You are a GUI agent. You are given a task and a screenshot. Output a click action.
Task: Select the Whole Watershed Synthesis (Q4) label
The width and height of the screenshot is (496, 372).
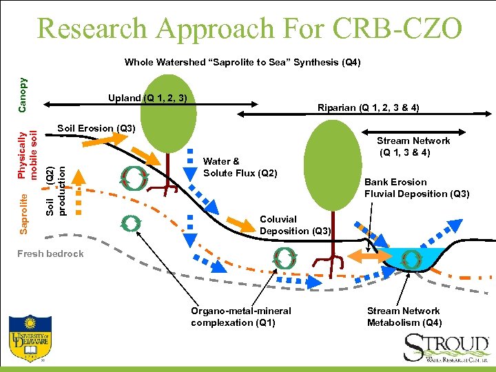coord(242,63)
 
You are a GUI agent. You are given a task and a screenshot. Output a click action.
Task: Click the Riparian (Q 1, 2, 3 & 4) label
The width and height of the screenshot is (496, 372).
coord(368,107)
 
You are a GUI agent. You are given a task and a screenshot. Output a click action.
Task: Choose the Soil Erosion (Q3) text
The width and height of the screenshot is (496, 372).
coord(96,128)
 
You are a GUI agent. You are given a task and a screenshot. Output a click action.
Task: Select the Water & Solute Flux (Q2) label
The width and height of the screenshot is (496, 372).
coord(240,167)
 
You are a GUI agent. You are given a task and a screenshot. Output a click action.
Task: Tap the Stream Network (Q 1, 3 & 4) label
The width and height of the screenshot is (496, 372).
coord(413,146)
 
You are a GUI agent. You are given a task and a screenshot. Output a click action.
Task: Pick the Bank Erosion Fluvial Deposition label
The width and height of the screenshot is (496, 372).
coord(416,188)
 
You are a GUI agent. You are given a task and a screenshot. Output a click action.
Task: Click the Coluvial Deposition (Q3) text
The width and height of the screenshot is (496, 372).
coord(296,225)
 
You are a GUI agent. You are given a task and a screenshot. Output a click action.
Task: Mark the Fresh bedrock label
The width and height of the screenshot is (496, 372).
coord(50,254)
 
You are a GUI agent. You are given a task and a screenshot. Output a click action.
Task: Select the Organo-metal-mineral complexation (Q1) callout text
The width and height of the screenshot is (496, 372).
coord(240,317)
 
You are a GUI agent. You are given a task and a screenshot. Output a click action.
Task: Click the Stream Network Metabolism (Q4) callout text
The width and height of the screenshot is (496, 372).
coord(404,317)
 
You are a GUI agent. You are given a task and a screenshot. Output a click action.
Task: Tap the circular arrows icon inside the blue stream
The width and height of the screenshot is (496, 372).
coord(411,259)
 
